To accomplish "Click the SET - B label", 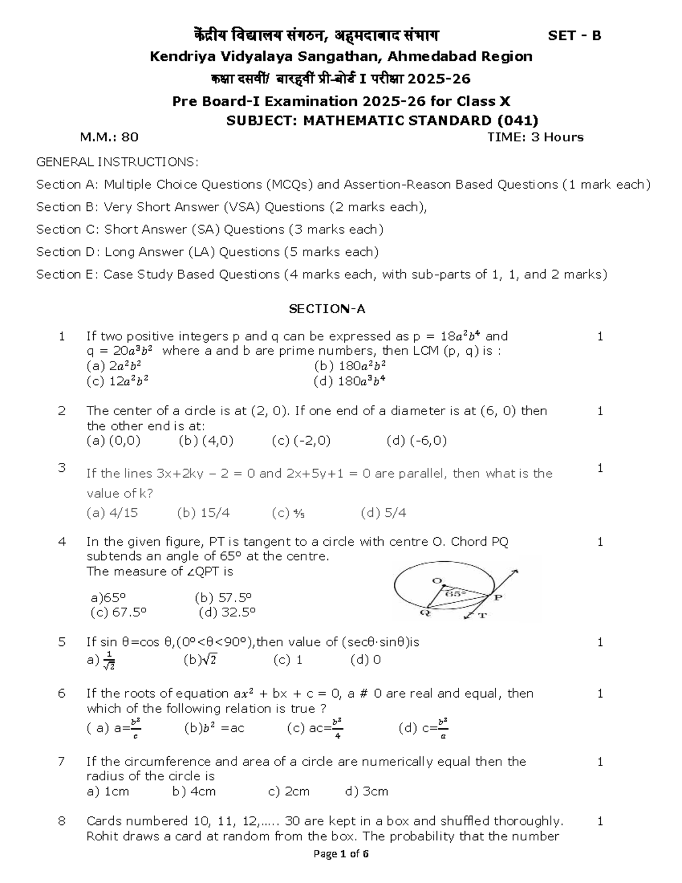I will pos(574,36).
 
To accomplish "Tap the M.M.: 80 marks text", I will pos(109,137).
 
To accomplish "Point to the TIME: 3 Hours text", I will pos(535,137).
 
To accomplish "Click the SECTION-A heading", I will pos(327,309).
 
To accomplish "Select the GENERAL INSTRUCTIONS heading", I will pos(117,163).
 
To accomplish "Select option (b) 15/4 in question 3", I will pos(203,513).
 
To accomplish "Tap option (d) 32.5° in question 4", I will pos(227,612).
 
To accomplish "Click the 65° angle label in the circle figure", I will pos(455,593).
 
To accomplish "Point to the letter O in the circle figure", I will pos(437,581).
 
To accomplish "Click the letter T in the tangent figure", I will pos(483,616).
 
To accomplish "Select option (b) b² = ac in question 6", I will pos(214,728).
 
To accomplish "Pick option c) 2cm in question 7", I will pos(288,791).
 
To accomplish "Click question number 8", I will pos(62,821).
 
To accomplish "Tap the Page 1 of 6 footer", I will pos(341,854).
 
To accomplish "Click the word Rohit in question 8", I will pos(102,836).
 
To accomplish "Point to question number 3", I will pos(62,468).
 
